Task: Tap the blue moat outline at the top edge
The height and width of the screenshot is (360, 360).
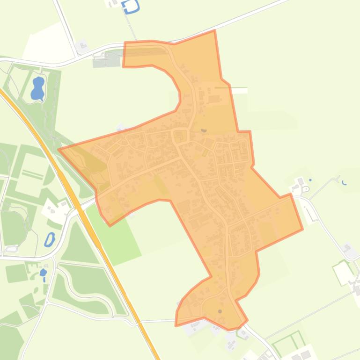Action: point(131,7)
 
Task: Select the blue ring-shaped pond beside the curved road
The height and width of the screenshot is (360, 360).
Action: point(49,239)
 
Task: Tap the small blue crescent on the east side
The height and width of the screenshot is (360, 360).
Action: point(345,183)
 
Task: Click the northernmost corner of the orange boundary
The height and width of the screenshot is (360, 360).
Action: point(214,31)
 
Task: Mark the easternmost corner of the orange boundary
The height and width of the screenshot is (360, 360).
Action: point(302,229)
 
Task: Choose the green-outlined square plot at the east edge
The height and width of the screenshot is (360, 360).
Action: point(343,272)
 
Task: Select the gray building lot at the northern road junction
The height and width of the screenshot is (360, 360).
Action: point(82,46)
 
